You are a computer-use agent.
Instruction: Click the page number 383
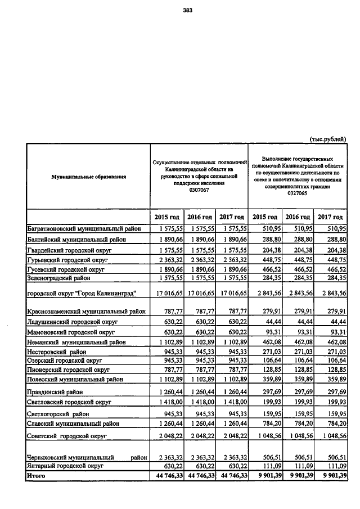[188, 8]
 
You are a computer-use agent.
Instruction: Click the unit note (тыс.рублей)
[328, 138]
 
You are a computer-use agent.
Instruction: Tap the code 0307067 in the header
[199, 190]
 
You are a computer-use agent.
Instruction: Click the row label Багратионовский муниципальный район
[88, 229]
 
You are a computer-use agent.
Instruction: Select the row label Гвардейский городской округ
[68, 250]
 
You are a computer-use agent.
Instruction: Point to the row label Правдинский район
[56, 391]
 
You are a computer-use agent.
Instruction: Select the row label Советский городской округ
[67, 436]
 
